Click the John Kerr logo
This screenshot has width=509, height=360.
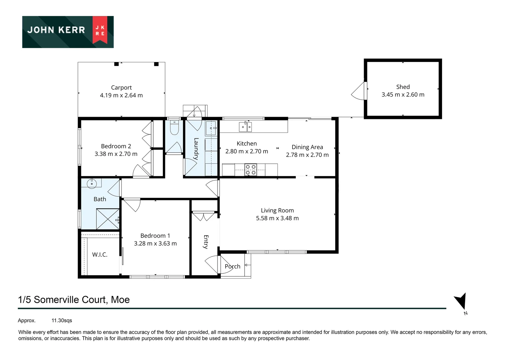coord(68,32)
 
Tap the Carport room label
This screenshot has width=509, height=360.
coord(121,87)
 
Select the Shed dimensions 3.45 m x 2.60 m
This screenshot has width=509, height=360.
coord(403,95)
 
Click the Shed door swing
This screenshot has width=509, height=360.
coord(358,91)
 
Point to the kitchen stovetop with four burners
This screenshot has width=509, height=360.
coord(251,170)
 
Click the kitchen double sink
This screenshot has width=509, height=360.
coord(245,127)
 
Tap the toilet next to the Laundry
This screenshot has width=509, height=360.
coord(174,128)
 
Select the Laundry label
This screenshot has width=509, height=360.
coord(196,149)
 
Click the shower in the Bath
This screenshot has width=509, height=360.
coord(108,219)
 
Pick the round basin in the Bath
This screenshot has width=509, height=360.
coord(92,183)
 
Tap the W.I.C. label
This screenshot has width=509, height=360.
coord(100,255)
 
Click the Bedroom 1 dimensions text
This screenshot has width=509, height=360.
coord(155,244)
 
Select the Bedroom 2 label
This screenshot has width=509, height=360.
coord(116,146)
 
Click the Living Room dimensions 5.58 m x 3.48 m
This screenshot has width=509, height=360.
coord(277,218)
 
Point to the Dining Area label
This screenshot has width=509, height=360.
coord(307,147)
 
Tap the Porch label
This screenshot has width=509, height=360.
coord(233,266)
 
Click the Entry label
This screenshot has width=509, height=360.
coord(206,242)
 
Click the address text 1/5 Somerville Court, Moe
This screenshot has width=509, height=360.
coord(74,300)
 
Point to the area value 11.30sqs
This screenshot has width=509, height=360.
coord(62,321)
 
